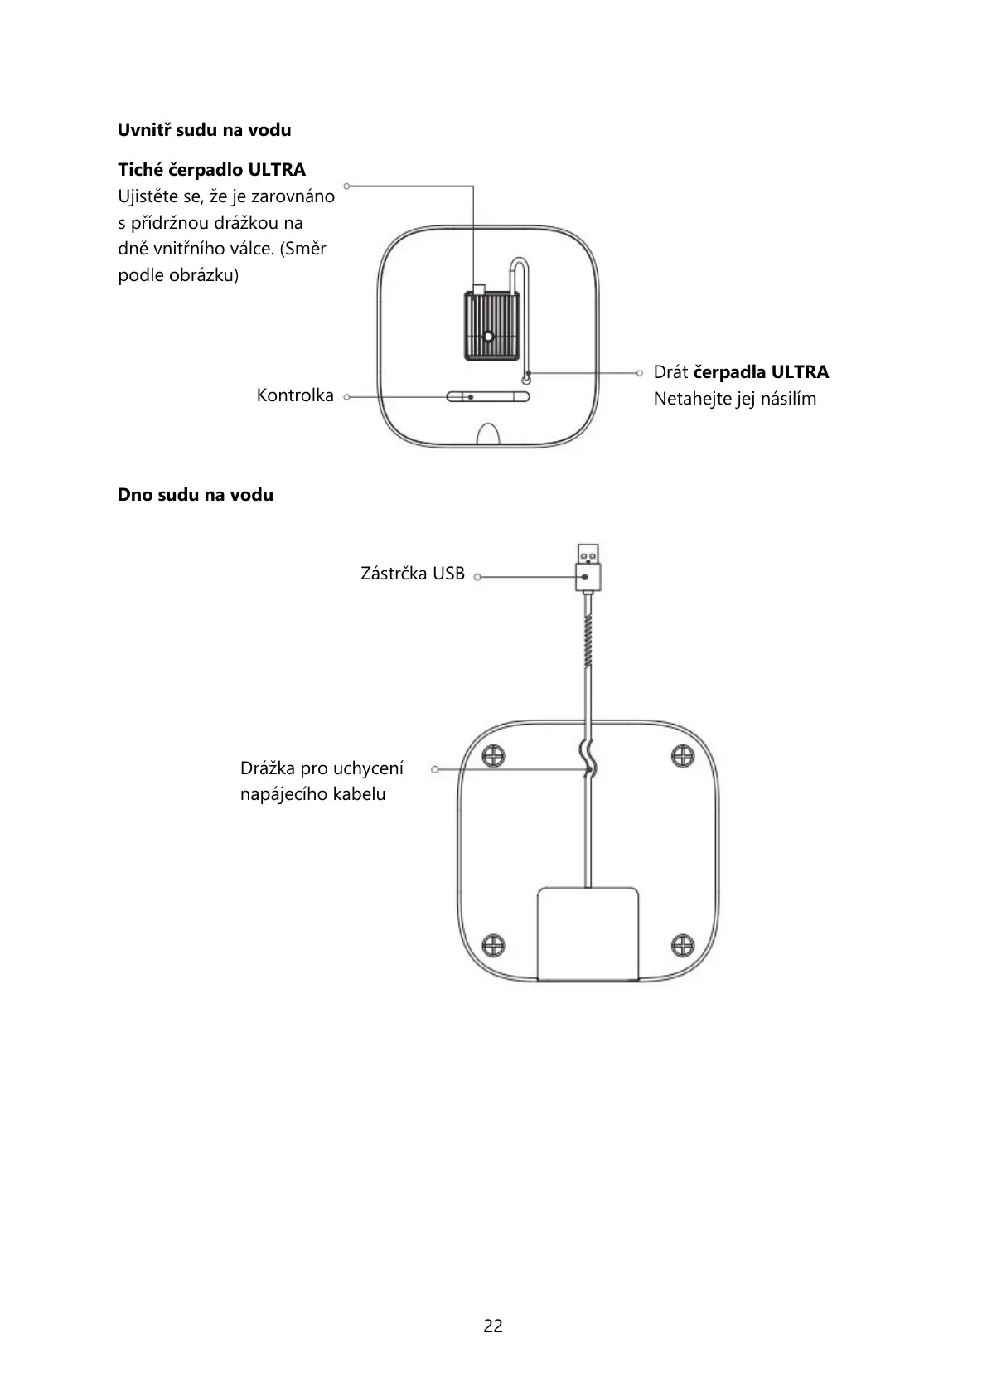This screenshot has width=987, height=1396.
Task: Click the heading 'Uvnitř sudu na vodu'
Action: tap(204, 130)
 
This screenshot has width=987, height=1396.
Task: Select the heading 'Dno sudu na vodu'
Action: tap(195, 495)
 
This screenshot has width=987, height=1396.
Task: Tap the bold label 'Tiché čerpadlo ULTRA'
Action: tap(211, 170)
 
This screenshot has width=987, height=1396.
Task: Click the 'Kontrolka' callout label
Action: tap(295, 395)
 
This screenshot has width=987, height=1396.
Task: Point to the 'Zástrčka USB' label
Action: tap(413, 574)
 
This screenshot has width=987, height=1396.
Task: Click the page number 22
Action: tap(493, 1326)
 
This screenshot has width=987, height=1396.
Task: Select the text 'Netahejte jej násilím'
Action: tap(734, 399)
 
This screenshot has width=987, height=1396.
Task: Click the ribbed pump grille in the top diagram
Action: tap(488, 326)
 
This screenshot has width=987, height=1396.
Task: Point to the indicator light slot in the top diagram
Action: tap(487, 397)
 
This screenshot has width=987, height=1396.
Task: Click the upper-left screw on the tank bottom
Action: tap(493, 755)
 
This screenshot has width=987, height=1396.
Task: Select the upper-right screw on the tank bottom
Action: tap(682, 755)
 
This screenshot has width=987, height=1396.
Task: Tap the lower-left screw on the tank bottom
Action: tap(493, 944)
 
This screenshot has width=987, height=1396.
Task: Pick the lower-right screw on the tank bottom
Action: tap(682, 944)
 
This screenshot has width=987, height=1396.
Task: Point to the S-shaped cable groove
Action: tap(588, 759)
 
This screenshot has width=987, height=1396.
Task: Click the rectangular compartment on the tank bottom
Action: tap(588, 934)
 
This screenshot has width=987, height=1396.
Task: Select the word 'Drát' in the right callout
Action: tap(670, 372)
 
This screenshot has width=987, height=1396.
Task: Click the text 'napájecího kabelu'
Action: tap(312, 794)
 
